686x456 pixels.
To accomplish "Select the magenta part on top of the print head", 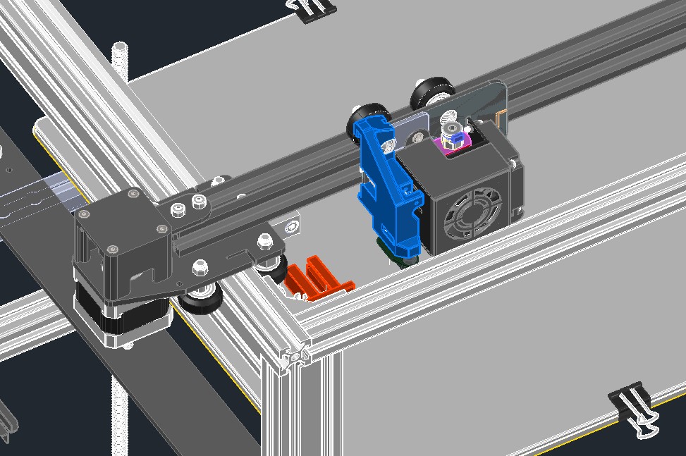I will coord(448,145).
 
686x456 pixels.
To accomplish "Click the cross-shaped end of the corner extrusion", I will coord(295,356).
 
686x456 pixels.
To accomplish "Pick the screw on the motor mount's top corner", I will coord(133,192).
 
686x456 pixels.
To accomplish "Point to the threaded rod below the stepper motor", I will coord(118,402).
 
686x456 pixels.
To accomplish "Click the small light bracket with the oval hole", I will coord(290,224).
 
